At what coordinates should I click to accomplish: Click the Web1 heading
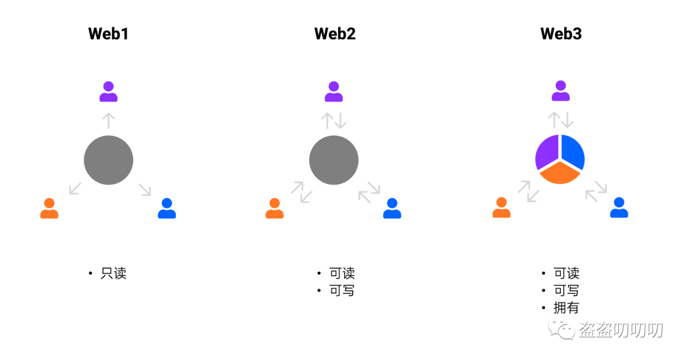(x=109, y=34)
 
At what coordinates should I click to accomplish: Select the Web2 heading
(x=335, y=34)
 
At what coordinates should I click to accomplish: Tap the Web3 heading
(x=561, y=34)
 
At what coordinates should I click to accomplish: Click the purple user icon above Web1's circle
(x=109, y=91)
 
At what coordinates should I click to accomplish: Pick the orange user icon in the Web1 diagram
(x=49, y=208)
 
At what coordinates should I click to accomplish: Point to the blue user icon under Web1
(x=167, y=208)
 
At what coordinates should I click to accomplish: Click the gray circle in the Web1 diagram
(x=109, y=161)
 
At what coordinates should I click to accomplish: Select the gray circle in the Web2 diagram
(x=334, y=161)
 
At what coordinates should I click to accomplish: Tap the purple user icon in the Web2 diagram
(x=334, y=91)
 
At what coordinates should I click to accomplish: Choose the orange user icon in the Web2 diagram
(x=274, y=208)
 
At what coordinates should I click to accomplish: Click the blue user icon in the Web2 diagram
(x=393, y=208)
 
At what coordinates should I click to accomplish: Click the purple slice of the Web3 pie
(x=546, y=152)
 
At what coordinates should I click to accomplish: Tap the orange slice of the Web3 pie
(x=560, y=173)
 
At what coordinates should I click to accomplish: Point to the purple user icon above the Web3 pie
(x=560, y=91)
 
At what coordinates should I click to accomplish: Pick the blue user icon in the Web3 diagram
(x=619, y=208)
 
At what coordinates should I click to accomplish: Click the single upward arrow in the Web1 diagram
(x=109, y=120)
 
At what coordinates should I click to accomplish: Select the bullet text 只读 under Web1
(x=114, y=274)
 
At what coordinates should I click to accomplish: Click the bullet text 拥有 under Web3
(x=567, y=308)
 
